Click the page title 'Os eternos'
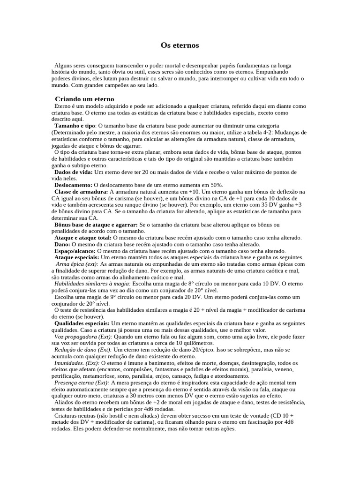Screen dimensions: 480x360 click(x=180, y=45)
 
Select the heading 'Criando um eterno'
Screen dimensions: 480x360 click(x=84, y=99)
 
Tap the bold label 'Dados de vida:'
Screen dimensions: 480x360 click(x=74, y=172)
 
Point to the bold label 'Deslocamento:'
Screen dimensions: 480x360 click(x=74, y=185)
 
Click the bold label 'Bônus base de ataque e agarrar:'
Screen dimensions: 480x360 click(x=97, y=225)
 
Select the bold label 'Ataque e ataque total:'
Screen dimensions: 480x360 click(x=83, y=238)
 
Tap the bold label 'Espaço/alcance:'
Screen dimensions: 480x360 click(x=75, y=251)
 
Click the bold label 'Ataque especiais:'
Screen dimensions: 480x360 click(x=76, y=258)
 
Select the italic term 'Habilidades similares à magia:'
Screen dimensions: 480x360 click(x=93, y=284)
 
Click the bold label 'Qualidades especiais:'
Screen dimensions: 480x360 click(x=82, y=324)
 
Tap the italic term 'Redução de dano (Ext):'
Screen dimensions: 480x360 click(x=83, y=350)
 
